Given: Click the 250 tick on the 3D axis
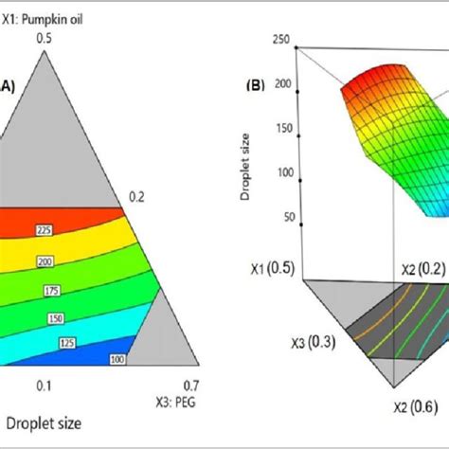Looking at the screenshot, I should click(280, 39).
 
